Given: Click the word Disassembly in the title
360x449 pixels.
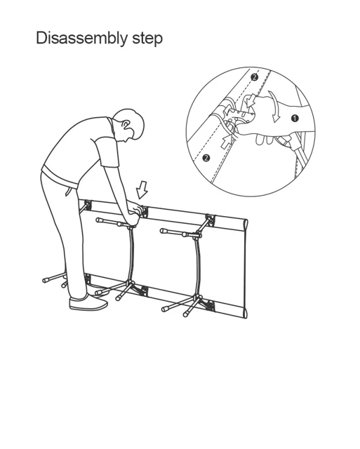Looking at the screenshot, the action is [x=82, y=39].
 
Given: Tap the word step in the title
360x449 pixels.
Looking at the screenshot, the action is [x=147, y=39].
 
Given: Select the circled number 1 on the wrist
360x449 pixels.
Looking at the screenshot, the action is [x=295, y=118].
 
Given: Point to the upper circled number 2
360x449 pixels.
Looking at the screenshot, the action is [x=254, y=77].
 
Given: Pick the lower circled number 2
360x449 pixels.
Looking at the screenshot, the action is [x=206, y=158].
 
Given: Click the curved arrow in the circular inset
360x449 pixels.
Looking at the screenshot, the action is [x=274, y=107].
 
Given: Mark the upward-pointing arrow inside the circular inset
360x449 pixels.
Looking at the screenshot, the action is [x=227, y=142].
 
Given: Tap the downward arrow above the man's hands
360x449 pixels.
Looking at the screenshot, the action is [x=142, y=189].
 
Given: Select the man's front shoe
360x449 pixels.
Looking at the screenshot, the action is [x=88, y=302].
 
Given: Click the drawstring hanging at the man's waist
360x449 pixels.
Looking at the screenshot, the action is [x=68, y=191].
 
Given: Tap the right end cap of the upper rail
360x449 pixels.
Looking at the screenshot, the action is [x=245, y=224].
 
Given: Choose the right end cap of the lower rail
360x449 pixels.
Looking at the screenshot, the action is [x=245, y=312].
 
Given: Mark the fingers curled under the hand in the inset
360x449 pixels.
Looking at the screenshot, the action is [x=265, y=140].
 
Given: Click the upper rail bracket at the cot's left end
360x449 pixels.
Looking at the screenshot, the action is [x=87, y=206].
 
